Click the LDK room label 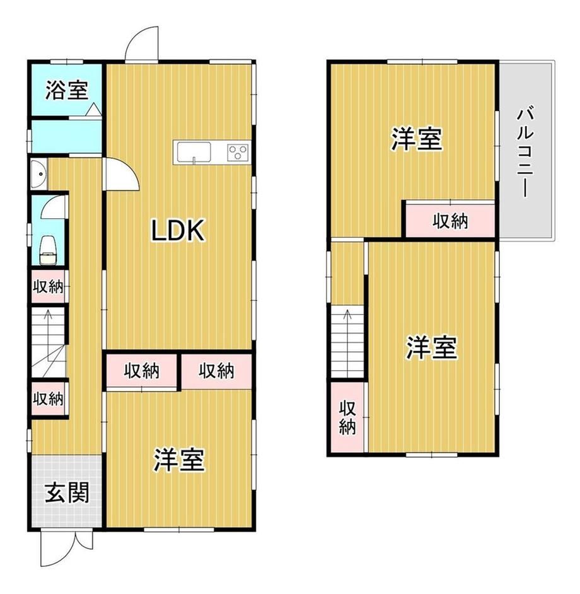(x=178, y=230)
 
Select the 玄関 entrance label (x=67, y=492)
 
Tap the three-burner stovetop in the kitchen (x=238, y=153)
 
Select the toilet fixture (x=48, y=250)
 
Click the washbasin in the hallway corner (x=38, y=173)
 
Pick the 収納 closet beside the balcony (x=450, y=221)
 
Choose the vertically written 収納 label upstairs (x=347, y=417)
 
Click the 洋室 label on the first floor (x=179, y=460)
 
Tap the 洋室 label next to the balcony (x=416, y=139)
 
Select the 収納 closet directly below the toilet (x=48, y=286)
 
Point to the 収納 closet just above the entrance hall (x=48, y=399)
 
